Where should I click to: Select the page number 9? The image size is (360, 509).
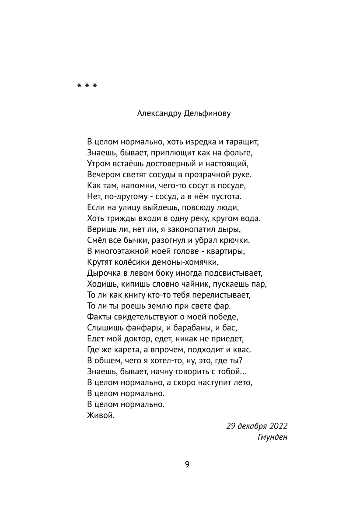187,464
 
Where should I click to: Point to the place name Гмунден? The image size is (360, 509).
273,437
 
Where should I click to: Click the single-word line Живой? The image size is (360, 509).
101,415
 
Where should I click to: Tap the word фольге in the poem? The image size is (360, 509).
240,153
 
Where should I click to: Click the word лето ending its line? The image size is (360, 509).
244,383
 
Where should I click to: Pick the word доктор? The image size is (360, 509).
135,339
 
